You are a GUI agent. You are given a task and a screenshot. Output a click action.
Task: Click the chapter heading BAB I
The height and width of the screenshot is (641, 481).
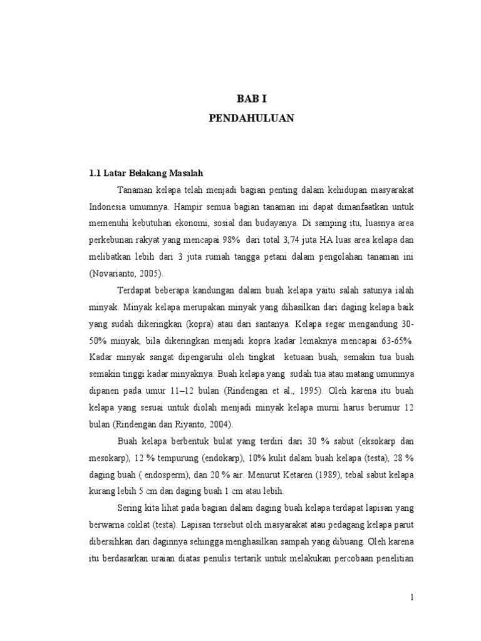(251, 99)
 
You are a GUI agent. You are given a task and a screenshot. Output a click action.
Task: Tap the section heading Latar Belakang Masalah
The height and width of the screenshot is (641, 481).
(154, 172)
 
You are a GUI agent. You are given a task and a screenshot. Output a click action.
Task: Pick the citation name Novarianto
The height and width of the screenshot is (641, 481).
(115, 273)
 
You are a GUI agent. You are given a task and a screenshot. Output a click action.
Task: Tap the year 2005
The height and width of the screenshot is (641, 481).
(153, 273)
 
